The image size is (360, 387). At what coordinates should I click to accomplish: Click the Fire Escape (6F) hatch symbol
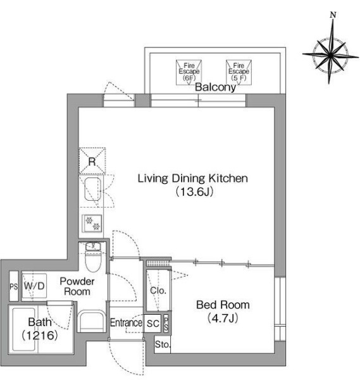tap(189, 72)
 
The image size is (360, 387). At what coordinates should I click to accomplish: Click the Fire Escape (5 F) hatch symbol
tap(239, 72)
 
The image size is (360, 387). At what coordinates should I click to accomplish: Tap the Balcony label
tap(215, 87)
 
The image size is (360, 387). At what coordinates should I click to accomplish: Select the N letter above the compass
tap(333, 15)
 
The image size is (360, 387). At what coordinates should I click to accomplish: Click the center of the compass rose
tap(330, 56)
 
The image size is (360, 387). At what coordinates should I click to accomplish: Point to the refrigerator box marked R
tap(92, 161)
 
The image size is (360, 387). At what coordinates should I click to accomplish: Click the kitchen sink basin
tap(93, 189)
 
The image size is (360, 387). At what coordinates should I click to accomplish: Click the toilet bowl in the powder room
tap(93, 260)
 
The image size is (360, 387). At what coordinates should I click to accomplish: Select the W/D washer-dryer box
tap(34, 286)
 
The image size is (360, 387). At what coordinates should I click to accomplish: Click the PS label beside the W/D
tap(14, 286)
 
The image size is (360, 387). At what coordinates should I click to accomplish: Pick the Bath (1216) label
tap(40, 329)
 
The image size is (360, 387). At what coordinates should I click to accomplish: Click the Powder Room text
tap(77, 286)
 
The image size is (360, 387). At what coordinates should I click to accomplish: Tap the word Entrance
tap(126, 322)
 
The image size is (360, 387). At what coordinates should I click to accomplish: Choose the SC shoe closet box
tap(152, 323)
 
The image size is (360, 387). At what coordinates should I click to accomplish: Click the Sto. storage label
tap(163, 345)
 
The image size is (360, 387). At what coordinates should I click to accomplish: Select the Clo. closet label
tap(158, 291)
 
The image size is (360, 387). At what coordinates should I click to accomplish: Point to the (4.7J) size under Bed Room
tap(223, 318)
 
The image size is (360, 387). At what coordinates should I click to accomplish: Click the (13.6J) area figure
tap(194, 191)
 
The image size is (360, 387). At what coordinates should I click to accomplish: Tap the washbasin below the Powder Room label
tap(92, 321)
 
